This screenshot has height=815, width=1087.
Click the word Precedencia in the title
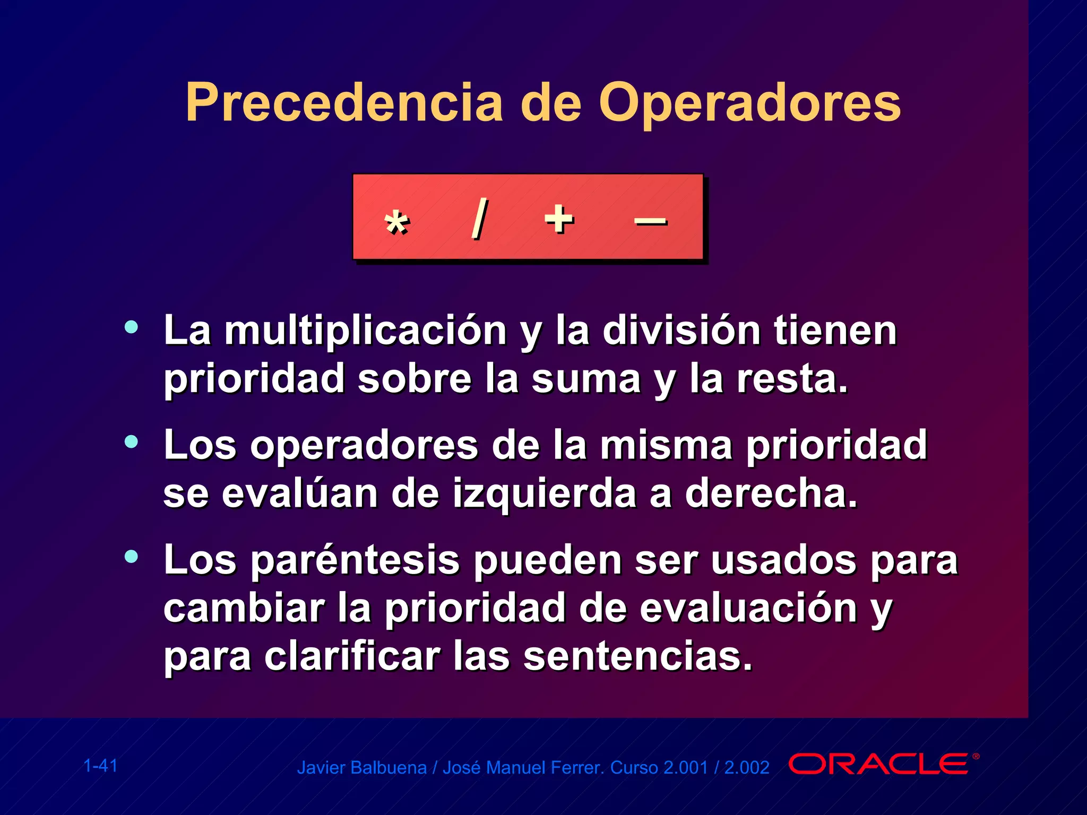click(344, 103)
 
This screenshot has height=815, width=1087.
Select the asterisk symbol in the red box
click(396, 223)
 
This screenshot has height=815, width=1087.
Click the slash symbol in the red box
click(479, 219)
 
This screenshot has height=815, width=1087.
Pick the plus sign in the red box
click(559, 219)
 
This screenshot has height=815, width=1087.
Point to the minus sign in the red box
click(651, 221)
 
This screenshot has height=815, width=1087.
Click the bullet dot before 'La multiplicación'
click(131, 327)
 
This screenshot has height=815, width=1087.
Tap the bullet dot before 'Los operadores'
click(131, 441)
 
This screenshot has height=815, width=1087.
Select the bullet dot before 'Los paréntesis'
click(131, 557)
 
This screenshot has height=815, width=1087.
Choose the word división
click(681, 331)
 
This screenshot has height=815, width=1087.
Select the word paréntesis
click(355, 561)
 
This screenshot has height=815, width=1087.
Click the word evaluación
click(748, 609)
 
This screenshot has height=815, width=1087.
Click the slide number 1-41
click(100, 766)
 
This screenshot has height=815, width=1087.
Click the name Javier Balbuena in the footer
click(361, 768)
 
